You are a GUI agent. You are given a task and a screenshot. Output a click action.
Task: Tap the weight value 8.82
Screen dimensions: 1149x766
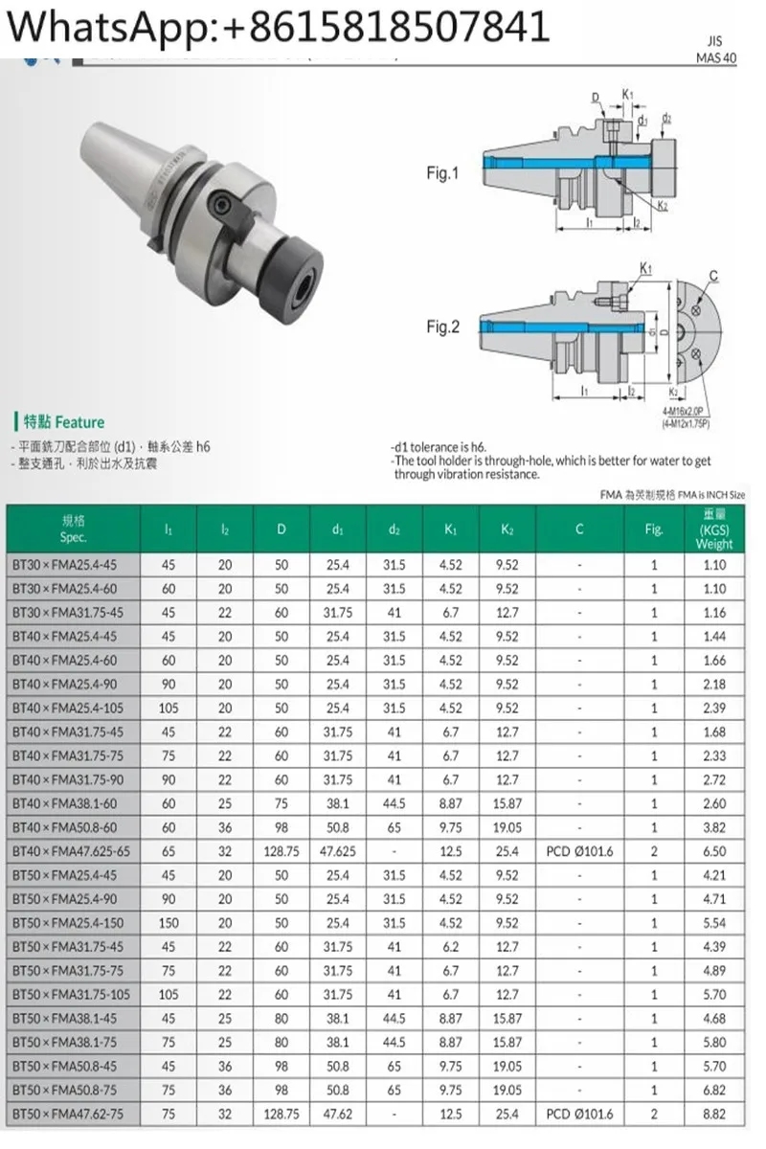pyautogui.click(x=714, y=1115)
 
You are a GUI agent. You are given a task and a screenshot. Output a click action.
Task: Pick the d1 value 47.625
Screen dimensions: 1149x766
pyautogui.click(x=338, y=851)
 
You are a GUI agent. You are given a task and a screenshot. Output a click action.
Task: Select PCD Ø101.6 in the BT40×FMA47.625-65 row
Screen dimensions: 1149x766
pyautogui.click(x=579, y=851)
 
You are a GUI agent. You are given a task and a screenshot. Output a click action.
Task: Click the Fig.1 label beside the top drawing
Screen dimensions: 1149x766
pyautogui.click(x=442, y=174)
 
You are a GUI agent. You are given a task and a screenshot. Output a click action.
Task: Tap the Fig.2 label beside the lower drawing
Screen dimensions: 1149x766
pyautogui.click(x=442, y=327)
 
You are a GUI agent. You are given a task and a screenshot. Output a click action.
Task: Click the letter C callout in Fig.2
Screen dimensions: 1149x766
pyautogui.click(x=713, y=279)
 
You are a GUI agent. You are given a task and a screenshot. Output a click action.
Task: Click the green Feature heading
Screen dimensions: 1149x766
pyautogui.click(x=59, y=422)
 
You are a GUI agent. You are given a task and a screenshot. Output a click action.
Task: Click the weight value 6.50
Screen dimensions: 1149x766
pyautogui.click(x=714, y=851)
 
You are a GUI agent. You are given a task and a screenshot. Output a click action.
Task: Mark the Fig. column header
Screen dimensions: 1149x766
pyautogui.click(x=654, y=529)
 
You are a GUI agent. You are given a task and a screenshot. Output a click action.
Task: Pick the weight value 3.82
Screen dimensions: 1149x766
pyautogui.click(x=714, y=827)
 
